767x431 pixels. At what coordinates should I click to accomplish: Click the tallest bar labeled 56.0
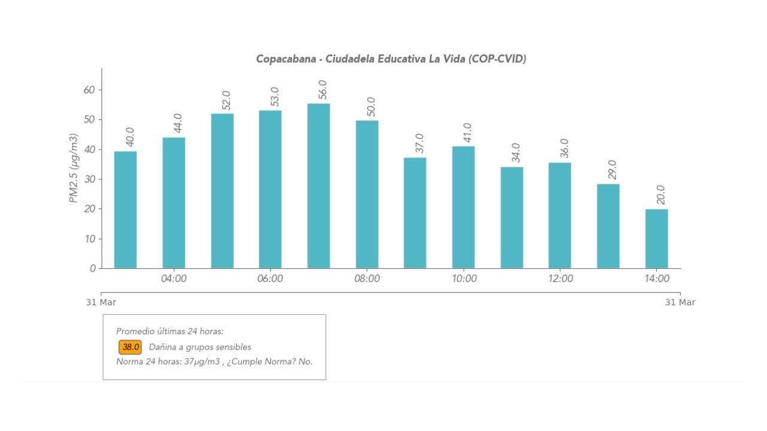tap(318, 186)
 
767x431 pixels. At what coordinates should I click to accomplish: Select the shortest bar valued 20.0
tap(656, 239)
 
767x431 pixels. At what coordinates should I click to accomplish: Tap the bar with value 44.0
tap(174, 203)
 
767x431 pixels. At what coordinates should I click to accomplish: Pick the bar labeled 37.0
tap(415, 213)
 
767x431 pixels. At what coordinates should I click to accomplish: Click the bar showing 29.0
tap(608, 226)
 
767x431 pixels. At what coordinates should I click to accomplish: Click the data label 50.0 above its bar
tap(372, 107)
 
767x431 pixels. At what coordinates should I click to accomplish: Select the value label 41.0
tap(468, 133)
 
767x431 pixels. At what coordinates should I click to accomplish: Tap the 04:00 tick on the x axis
tap(174, 279)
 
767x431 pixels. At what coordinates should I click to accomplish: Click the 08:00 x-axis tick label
tap(367, 279)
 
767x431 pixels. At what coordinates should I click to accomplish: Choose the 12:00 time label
tap(560, 279)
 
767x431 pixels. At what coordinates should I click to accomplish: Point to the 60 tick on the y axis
tap(89, 90)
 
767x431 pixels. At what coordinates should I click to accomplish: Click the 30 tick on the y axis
tap(89, 179)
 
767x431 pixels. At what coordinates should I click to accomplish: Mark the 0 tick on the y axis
tap(92, 269)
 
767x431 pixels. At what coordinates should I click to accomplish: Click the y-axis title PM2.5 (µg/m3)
tap(74, 168)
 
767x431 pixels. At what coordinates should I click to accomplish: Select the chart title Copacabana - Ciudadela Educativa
tap(391, 59)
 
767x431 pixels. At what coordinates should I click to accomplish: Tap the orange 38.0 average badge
tap(130, 347)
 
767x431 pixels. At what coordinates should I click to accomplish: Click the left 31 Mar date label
tap(101, 302)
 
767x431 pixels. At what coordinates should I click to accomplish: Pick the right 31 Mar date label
tap(680, 302)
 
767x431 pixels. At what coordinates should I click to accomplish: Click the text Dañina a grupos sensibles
tap(200, 347)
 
